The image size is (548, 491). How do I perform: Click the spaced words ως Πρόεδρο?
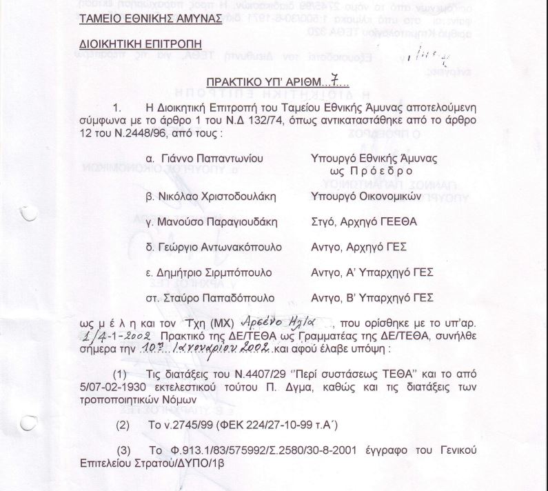(x=372, y=171)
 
